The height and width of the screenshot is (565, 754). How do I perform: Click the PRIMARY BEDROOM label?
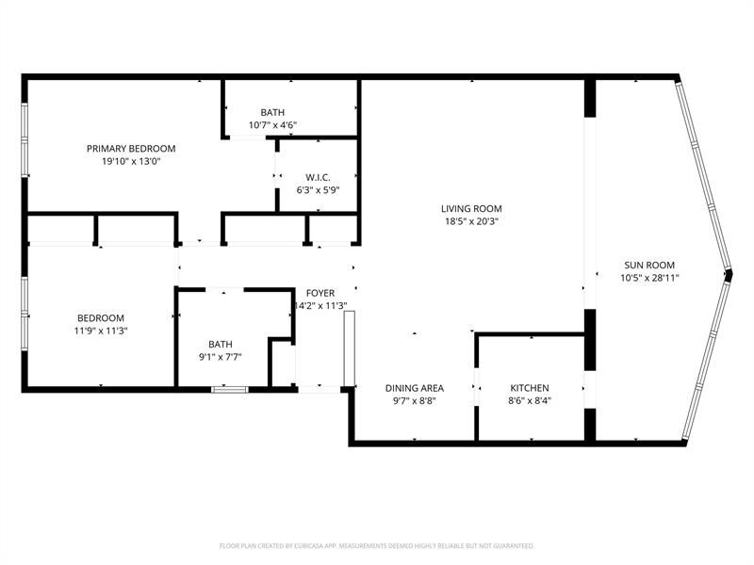pyautogui.click(x=131, y=149)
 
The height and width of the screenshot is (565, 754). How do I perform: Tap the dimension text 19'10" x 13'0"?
pyautogui.click(x=131, y=161)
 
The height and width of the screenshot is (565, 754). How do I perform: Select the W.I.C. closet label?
pyautogui.click(x=318, y=177)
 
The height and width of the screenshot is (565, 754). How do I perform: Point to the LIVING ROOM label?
pyautogui.click(x=471, y=208)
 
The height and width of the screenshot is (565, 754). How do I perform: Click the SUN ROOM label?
pyautogui.click(x=649, y=265)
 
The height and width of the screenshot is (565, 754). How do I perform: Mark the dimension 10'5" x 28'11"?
pyautogui.click(x=649, y=278)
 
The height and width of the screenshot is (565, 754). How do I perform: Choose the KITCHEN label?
pyautogui.click(x=530, y=388)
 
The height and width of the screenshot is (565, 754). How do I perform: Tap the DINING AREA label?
pyautogui.click(x=415, y=388)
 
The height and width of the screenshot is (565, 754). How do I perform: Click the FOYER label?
pyautogui.click(x=320, y=293)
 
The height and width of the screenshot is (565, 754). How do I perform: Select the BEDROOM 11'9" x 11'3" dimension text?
pyautogui.click(x=101, y=331)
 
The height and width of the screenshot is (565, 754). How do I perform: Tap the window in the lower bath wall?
pyautogui.click(x=230, y=390)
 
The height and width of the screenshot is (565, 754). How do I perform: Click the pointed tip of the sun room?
pyautogui.click(x=731, y=274)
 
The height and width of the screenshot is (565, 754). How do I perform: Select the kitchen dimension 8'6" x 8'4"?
pyautogui.click(x=530, y=401)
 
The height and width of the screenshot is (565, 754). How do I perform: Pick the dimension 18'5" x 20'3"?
pyautogui.click(x=471, y=221)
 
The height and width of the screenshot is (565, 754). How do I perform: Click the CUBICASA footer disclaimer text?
pyautogui.click(x=376, y=546)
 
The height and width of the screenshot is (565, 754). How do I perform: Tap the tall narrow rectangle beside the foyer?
pyautogui.click(x=350, y=348)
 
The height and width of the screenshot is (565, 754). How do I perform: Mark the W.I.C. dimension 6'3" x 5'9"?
pyautogui.click(x=318, y=190)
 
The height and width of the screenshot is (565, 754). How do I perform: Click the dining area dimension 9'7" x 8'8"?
pyautogui.click(x=415, y=401)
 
